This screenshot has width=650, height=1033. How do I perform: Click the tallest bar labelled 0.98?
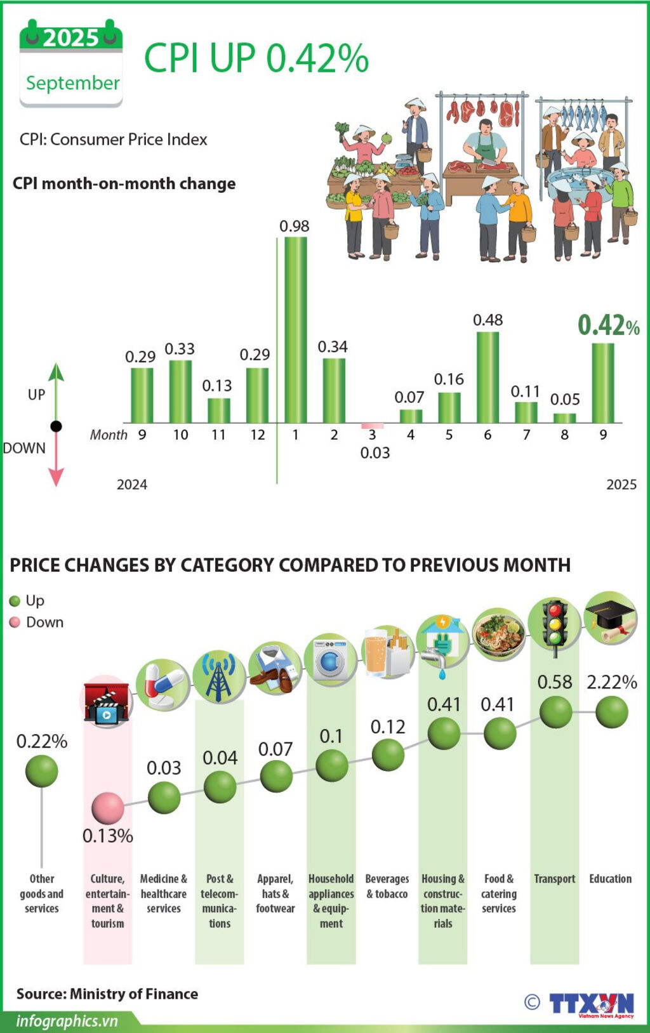coord(295,329)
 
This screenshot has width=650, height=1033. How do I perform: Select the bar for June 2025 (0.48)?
coord(487,377)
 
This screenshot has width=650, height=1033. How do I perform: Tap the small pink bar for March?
coord(373,426)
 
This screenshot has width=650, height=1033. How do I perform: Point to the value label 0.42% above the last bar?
coord(608,326)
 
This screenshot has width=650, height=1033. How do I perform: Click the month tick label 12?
coord(257,435)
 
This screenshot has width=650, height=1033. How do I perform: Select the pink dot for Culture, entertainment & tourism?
coord(107,808)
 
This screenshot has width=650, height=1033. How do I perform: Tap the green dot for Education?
coord(611,712)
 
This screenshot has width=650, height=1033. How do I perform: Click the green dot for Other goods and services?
coord(42,771)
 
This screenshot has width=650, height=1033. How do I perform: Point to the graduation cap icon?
coord(610,617)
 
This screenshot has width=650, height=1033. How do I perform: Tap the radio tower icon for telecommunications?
coord(219,676)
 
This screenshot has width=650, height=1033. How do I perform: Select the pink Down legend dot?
coord(15,622)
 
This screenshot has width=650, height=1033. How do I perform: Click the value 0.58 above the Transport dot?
coord(555,682)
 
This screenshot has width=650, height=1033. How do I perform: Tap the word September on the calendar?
coord(72,83)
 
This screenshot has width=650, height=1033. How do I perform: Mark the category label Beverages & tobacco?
coord(387,886)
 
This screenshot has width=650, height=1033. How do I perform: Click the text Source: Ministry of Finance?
coord(107,994)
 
